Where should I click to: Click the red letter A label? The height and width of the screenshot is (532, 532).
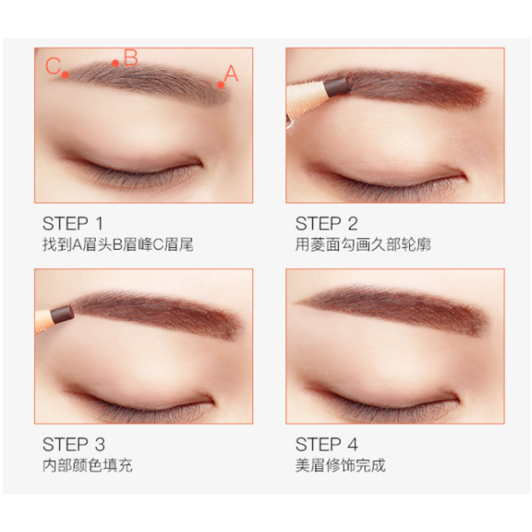coord(231,73)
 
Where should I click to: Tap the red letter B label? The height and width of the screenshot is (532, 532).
coord(131,57)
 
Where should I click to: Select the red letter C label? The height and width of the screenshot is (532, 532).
coord(53,65)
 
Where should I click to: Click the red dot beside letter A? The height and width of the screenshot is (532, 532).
coord(221,85)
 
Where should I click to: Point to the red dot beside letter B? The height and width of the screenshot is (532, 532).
coord(115,63)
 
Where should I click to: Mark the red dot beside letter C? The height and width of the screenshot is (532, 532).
coord(65,74)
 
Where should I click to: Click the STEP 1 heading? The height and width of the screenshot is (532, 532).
coord(72,223)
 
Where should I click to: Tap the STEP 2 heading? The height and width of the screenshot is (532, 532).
coord(327,223)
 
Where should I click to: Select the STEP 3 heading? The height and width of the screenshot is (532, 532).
coord(73,444)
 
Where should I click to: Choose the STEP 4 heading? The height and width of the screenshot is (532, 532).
coord(327,444)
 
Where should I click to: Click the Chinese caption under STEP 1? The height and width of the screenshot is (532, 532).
coord(118,244)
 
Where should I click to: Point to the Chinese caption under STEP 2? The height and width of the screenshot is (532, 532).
coord(363,244)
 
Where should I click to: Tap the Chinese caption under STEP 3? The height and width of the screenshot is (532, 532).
coord(88,465)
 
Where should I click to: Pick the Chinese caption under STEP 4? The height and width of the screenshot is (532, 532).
coord(340,465)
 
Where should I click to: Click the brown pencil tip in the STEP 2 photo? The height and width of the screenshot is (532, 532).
coord(336,87)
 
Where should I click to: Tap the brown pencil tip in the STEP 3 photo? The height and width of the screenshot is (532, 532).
coord(62,314)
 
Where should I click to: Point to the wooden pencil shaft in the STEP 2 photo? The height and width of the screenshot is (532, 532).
coord(305,101)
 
